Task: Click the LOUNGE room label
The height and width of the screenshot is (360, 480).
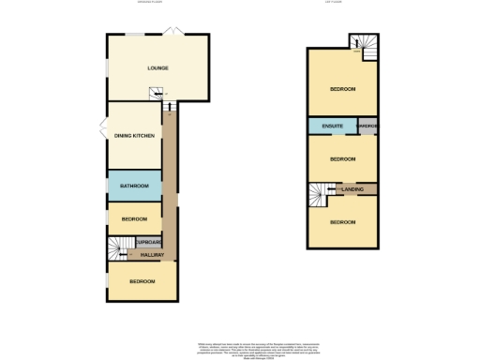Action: pyautogui.click(x=157, y=68)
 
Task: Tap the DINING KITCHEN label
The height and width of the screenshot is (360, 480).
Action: pyautogui.click(x=134, y=137)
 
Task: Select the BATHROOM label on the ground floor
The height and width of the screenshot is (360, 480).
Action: pyautogui.click(x=134, y=187)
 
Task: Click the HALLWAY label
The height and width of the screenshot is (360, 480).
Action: pyautogui.click(x=152, y=255)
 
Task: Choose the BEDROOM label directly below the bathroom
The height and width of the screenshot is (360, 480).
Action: pyautogui.click(x=134, y=219)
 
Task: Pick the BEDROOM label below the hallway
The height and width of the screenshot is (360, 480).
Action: pyautogui.click(x=142, y=281)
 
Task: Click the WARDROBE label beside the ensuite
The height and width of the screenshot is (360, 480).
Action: pyautogui.click(x=367, y=126)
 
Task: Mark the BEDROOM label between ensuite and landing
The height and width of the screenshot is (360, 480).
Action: pyautogui.click(x=342, y=159)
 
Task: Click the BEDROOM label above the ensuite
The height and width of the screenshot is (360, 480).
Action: pyautogui.click(x=342, y=89)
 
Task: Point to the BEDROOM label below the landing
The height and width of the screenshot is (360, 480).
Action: pyautogui.click(x=342, y=222)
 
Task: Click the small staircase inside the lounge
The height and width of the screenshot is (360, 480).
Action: pyautogui.click(x=157, y=93)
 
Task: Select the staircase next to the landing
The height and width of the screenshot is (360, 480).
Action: pyautogui.click(x=320, y=194)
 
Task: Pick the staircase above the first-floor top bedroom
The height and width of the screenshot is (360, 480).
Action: pyautogui.click(x=362, y=43)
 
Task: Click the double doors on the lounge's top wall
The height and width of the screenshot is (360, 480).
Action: pyautogui.click(x=171, y=33)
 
